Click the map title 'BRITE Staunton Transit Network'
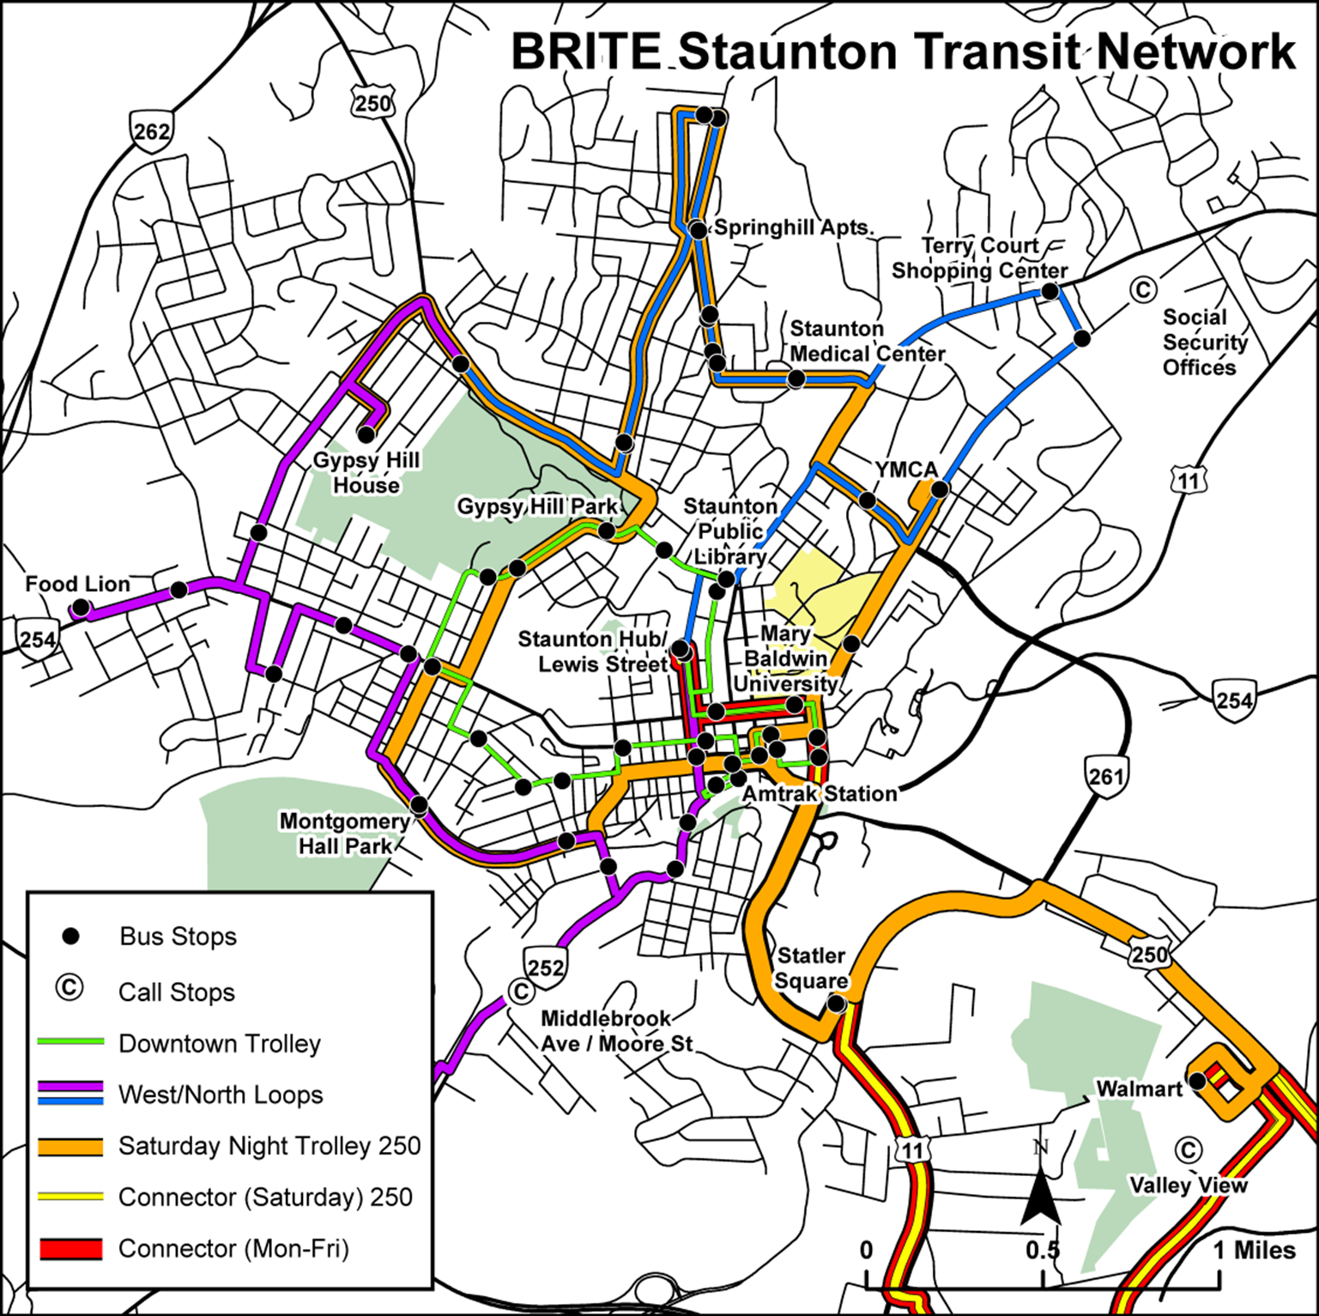pyautogui.click(x=903, y=52)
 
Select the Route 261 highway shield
pyautogui.click(x=1105, y=775)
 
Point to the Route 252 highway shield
pyautogui.click(x=545, y=967)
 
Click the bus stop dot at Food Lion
pyautogui.click(x=81, y=608)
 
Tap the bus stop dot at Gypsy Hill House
pyautogui.click(x=366, y=434)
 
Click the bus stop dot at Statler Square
pyautogui.click(x=837, y=1003)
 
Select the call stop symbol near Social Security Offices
pyautogui.click(x=1142, y=289)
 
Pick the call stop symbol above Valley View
pyautogui.click(x=1188, y=1149)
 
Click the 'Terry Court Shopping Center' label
pyautogui.click(x=979, y=258)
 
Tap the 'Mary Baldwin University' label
pyautogui.click(x=785, y=658)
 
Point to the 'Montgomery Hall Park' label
pyautogui.click(x=345, y=834)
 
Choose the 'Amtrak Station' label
pyautogui.click(x=820, y=794)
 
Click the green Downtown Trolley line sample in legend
pyautogui.click(x=71, y=1043)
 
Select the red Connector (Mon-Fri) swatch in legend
pyautogui.click(x=71, y=1248)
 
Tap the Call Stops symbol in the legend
pyautogui.click(x=70, y=989)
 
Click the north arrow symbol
pyautogui.click(x=1041, y=1196)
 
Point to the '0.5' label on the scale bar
pyautogui.click(x=1042, y=1250)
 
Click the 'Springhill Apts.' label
pyautogui.click(x=794, y=228)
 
